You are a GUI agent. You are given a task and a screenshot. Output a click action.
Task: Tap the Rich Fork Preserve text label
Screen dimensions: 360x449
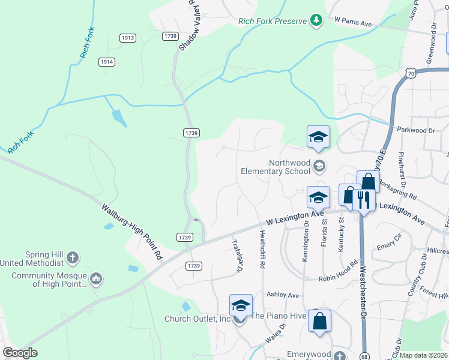pos(272,21)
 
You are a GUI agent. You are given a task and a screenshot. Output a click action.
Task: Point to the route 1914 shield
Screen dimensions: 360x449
pos(107,62)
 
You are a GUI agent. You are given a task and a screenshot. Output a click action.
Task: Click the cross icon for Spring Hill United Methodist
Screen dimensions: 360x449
pos(72,259)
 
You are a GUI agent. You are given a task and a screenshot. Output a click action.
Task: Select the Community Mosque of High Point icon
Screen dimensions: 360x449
pos(96,280)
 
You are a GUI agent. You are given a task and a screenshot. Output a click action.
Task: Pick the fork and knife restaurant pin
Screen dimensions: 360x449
pos(363,199)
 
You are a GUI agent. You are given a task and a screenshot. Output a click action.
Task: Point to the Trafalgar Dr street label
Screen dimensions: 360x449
pos(237,257)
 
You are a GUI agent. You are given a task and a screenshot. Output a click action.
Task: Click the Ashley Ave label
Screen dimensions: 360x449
pos(283,295)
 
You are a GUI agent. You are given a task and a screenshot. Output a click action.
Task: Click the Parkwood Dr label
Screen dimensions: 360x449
pos(415,130)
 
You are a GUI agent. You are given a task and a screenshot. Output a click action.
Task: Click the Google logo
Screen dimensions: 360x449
pos(20,353)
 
